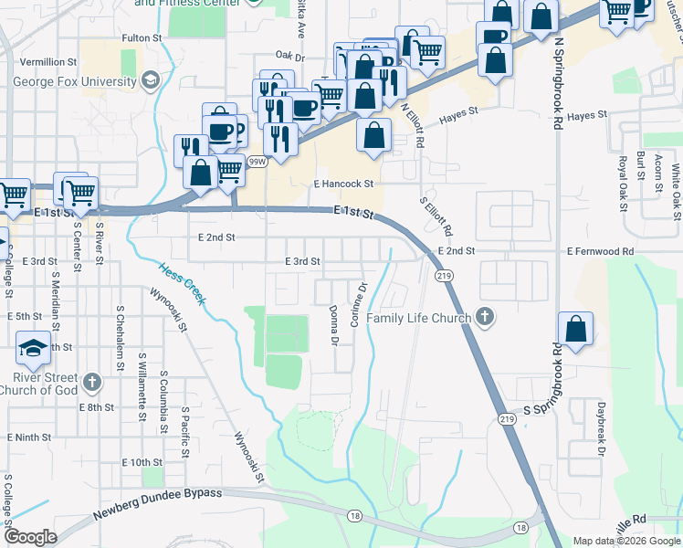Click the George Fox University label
[x=75, y=81]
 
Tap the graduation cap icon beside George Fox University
[x=150, y=81]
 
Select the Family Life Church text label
[x=419, y=319]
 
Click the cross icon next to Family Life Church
[x=485, y=319]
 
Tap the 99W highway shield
[x=259, y=163]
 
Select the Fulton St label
[x=142, y=38]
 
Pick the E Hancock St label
[x=344, y=184]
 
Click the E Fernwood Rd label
[x=600, y=251]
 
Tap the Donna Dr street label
[x=334, y=325]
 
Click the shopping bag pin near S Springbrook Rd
[x=575, y=331]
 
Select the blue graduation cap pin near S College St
[x=33, y=348]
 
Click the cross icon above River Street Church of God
[x=90, y=381]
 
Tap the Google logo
[x=30, y=537]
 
